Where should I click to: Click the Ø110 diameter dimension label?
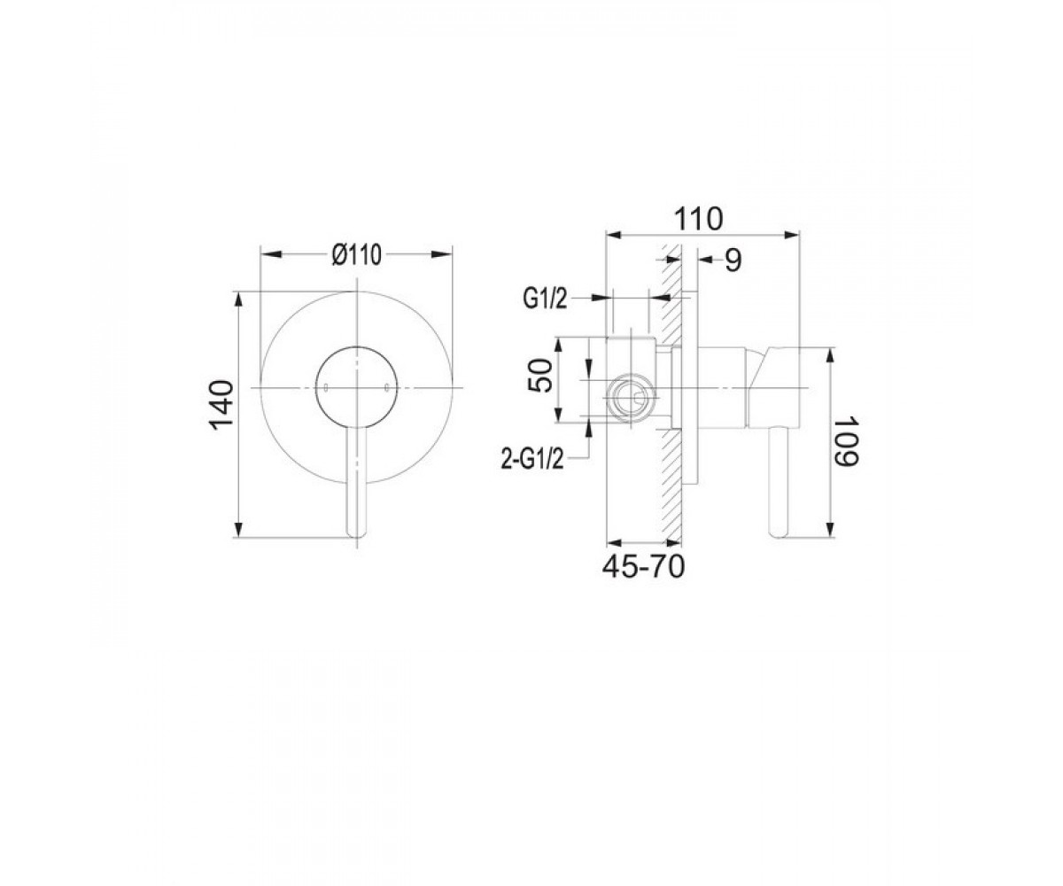point(356,254)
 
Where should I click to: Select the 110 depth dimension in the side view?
point(698,219)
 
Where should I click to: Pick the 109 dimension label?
point(846,441)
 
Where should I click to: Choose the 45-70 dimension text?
point(643,566)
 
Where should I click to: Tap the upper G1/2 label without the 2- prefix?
point(545,299)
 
